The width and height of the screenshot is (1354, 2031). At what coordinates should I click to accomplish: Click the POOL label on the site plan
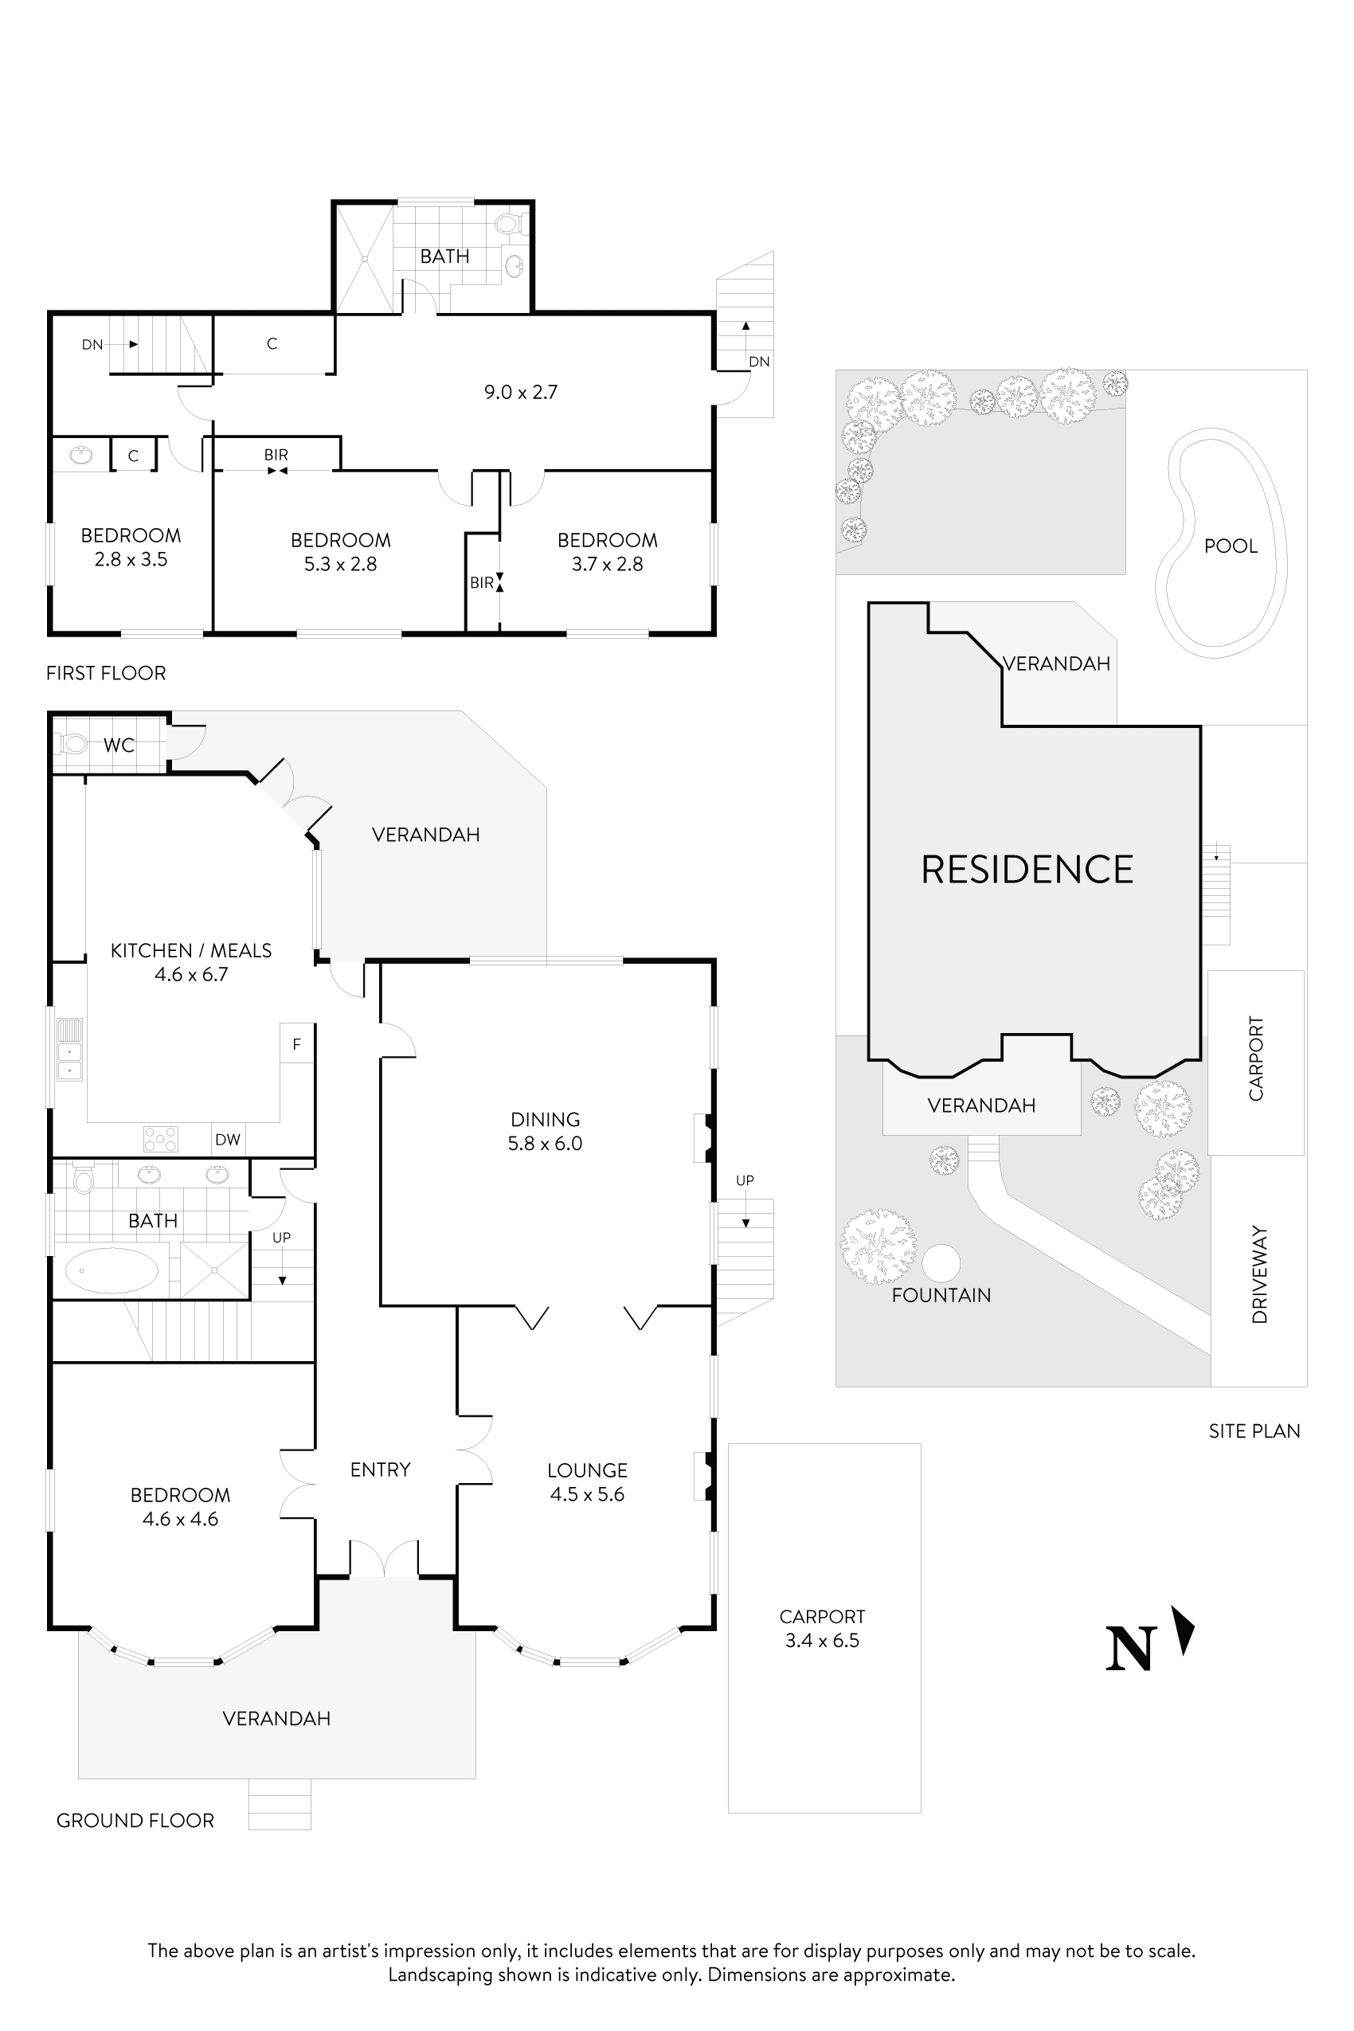coord(1231,546)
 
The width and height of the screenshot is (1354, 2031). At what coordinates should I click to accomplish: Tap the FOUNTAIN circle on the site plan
coord(941,1263)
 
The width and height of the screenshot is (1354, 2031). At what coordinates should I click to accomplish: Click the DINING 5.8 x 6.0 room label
coord(545,1131)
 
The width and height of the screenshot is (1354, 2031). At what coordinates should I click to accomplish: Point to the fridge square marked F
coord(296,1044)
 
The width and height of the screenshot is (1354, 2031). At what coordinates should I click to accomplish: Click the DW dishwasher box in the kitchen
coord(228,1140)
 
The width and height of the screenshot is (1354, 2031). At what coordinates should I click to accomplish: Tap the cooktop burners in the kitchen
coord(161,1139)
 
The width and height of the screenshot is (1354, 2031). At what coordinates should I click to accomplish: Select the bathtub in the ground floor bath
coord(112,1270)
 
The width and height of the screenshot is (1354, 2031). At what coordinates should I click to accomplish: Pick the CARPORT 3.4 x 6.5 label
coord(822,1629)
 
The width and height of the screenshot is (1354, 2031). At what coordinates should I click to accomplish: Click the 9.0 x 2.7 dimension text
coord(521,392)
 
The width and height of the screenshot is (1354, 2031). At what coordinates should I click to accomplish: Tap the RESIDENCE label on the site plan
coord(1027,870)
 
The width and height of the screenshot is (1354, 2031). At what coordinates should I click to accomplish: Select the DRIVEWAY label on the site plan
coord(1259,1274)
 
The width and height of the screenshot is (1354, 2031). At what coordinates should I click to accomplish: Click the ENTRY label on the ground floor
coord(380,1469)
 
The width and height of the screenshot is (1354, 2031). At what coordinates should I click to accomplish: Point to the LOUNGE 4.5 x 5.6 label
coord(587,1481)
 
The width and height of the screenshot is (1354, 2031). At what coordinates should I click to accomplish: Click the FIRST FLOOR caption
coord(105,673)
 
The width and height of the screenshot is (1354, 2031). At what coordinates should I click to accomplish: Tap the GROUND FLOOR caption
coord(135,1820)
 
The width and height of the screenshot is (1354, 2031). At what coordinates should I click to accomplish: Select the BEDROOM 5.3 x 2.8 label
coord(340,552)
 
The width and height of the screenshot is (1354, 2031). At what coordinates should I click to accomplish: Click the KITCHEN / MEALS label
coord(191,951)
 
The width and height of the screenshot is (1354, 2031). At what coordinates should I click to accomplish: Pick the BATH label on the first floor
coord(444,256)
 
